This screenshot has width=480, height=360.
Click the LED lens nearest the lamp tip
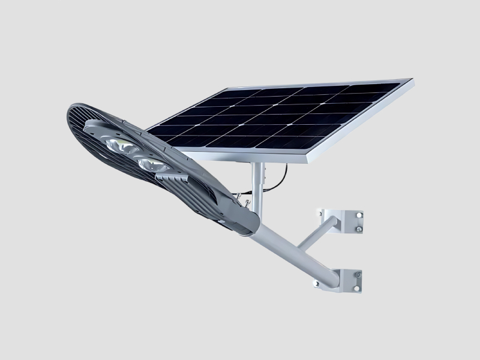coord(115,145)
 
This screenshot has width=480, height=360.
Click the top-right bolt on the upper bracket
coord(360,214)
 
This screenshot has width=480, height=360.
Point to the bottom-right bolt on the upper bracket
coord(358,228)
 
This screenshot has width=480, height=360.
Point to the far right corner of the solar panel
coord(412,80)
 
